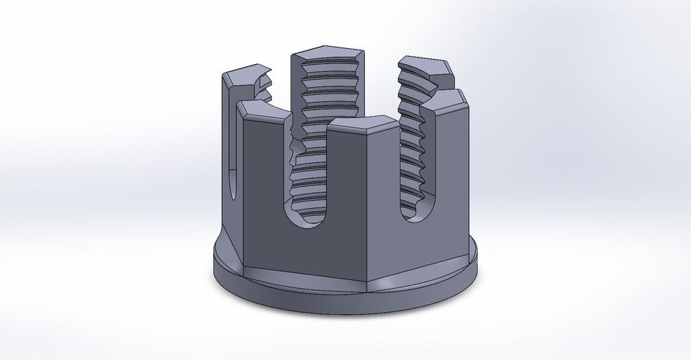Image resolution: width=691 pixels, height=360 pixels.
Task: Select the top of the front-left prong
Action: [263, 109]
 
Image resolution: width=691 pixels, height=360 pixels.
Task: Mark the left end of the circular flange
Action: [216, 263]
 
